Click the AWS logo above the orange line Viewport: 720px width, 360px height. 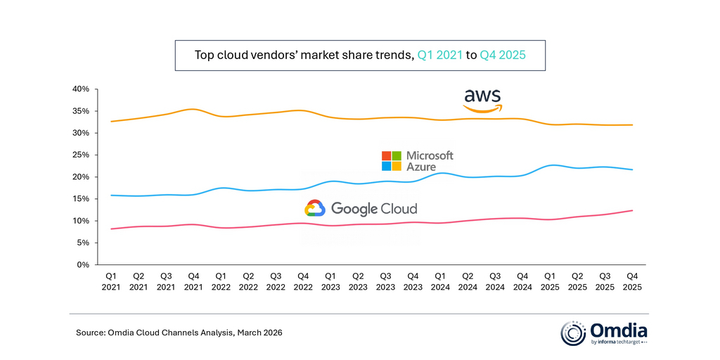[482, 100]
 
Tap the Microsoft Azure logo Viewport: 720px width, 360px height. [417, 161]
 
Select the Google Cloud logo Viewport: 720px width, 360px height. [361, 208]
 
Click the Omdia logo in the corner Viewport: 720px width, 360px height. [604, 333]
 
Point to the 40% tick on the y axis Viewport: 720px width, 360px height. [79, 89]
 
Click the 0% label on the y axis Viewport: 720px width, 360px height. [82, 265]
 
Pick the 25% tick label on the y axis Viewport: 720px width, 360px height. [79, 155]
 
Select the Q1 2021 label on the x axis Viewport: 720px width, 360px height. [111, 281]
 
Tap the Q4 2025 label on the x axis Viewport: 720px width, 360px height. [633, 281]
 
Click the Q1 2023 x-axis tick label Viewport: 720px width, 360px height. [330, 281]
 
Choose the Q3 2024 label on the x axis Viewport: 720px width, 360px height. [495, 281]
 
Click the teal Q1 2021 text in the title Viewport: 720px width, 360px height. [440, 54]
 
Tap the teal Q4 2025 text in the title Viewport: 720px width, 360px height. [503, 54]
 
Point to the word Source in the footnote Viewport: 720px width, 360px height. [90, 332]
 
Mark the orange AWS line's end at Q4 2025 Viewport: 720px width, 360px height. [633, 124]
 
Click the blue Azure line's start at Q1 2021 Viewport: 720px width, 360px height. [111, 195]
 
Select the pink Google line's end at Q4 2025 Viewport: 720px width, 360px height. [633, 210]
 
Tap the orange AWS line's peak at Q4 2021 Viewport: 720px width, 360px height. [193, 109]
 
